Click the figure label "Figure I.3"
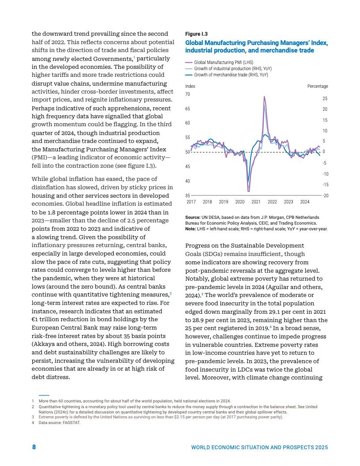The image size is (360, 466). [196, 34]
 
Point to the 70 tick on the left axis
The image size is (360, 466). [187, 94]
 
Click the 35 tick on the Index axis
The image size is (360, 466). [187, 195]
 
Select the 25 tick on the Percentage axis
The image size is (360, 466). [325, 98]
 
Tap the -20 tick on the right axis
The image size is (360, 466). [325, 195]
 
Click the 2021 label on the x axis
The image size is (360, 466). [256, 202]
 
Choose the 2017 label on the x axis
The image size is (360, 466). [191, 202]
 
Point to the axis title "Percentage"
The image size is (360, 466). [318, 86]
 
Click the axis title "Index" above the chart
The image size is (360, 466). [190, 86]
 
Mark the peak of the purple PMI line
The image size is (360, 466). [264, 96]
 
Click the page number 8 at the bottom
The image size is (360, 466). [34, 447]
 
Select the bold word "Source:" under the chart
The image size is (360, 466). [193, 218]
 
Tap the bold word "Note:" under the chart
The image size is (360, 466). [191, 229]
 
